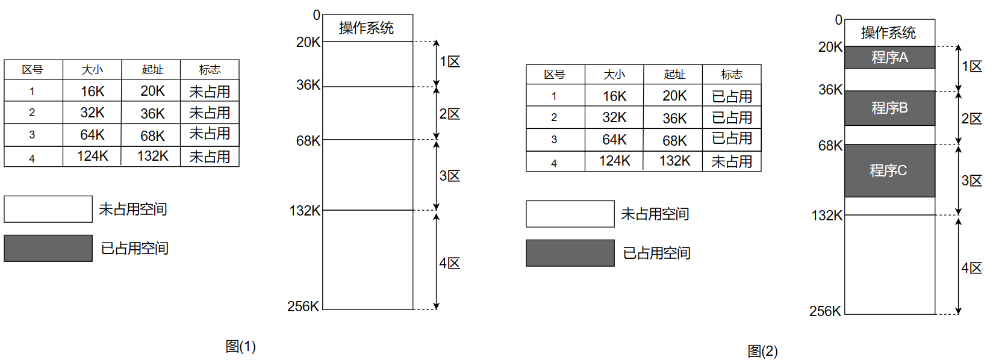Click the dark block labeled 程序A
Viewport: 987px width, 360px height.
(889, 57)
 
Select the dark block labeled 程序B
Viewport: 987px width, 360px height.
(889, 108)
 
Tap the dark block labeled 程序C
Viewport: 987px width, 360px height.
(889, 170)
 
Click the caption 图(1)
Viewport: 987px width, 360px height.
(241, 346)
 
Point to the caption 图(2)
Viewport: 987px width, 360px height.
(762, 351)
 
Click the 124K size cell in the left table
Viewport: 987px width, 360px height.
(92, 156)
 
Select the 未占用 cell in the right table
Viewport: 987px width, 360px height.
(732, 161)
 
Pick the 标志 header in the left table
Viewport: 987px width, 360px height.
(210, 70)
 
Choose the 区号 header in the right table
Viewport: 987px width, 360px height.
(555, 75)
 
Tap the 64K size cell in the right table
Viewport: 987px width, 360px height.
(614, 140)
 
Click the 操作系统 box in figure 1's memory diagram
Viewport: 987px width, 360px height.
(367, 28)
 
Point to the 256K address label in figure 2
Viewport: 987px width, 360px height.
(825, 311)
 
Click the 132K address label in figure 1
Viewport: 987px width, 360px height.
(305, 211)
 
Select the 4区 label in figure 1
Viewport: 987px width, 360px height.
(450, 263)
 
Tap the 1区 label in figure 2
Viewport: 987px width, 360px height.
(971, 66)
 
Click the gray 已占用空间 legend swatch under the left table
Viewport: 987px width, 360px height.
(48, 248)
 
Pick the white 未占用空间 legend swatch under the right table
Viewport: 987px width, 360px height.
(570, 214)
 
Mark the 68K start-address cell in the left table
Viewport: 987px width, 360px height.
(152, 135)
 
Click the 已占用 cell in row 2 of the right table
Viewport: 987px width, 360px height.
(732, 117)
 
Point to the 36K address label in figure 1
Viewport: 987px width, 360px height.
(308, 85)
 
